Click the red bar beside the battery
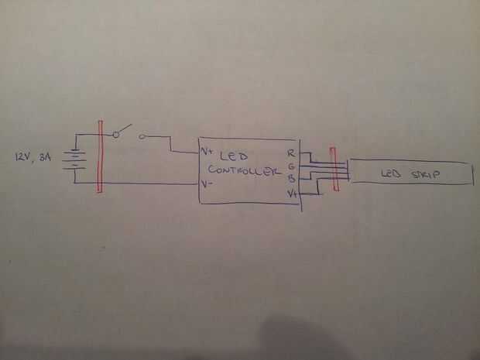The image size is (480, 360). (99, 157)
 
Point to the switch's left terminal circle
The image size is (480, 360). (116, 135)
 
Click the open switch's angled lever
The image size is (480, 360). (125, 129)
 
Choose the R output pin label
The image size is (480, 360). (290, 153)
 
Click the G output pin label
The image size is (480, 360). (291, 166)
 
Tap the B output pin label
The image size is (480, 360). (291, 179)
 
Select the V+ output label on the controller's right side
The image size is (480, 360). (293, 194)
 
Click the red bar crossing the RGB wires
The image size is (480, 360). (334, 168)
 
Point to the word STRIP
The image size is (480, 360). (424, 176)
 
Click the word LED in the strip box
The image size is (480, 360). (392, 175)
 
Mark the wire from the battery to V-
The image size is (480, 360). (147, 183)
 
